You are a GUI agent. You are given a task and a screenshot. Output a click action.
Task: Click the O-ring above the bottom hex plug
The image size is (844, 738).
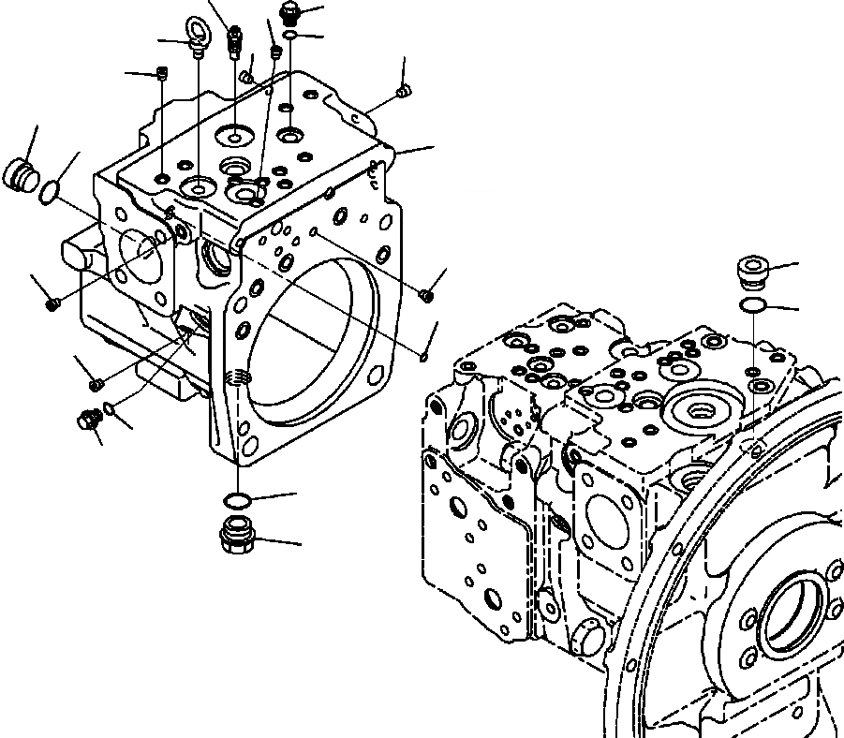coord(237,497)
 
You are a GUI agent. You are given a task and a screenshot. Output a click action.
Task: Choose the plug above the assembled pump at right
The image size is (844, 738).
coord(753,271)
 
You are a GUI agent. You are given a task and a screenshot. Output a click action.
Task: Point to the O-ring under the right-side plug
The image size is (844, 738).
coord(753,306)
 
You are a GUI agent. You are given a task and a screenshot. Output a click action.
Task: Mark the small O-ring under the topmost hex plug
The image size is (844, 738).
coord(291,36)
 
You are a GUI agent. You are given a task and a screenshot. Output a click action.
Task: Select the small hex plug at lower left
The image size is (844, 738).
coord(89,421)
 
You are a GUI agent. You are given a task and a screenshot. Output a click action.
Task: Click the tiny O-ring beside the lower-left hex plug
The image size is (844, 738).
coord(111,406)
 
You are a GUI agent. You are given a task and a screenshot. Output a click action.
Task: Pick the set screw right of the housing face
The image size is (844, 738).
coord(427,296)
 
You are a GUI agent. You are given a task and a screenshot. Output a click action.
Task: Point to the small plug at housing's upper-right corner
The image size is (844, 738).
coord(404,91)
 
